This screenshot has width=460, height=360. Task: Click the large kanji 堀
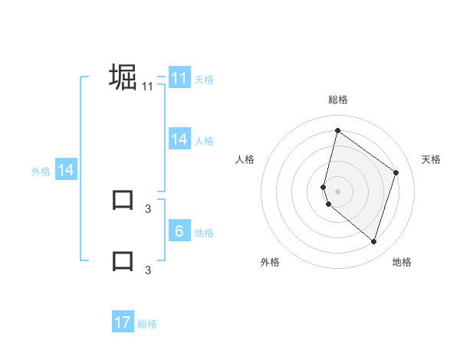(x=123, y=77)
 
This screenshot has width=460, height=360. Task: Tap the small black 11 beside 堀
(x=148, y=87)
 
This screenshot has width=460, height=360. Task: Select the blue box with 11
(x=179, y=78)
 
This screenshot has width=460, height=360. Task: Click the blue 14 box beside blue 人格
(x=179, y=139)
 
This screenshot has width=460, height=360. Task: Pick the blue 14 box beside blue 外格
(x=66, y=171)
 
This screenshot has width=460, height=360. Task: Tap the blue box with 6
(x=179, y=231)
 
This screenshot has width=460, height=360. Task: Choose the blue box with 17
(x=123, y=322)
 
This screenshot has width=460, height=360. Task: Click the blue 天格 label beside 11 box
(x=204, y=80)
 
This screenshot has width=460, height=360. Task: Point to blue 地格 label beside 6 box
(x=204, y=233)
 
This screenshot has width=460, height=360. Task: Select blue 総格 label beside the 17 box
(x=147, y=324)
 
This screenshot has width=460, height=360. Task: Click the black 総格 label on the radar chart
(x=337, y=100)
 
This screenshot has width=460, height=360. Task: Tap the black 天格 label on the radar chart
(x=432, y=159)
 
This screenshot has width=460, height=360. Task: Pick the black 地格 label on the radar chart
(x=402, y=263)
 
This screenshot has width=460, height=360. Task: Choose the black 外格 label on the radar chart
(x=270, y=263)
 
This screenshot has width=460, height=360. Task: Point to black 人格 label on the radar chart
(x=245, y=159)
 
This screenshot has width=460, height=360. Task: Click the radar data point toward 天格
(x=396, y=172)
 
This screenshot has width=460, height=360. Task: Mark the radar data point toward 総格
(x=337, y=130)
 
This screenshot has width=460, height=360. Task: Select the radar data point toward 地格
(x=373, y=242)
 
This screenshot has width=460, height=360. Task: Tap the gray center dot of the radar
(x=337, y=191)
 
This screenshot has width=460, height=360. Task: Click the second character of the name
(x=123, y=201)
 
